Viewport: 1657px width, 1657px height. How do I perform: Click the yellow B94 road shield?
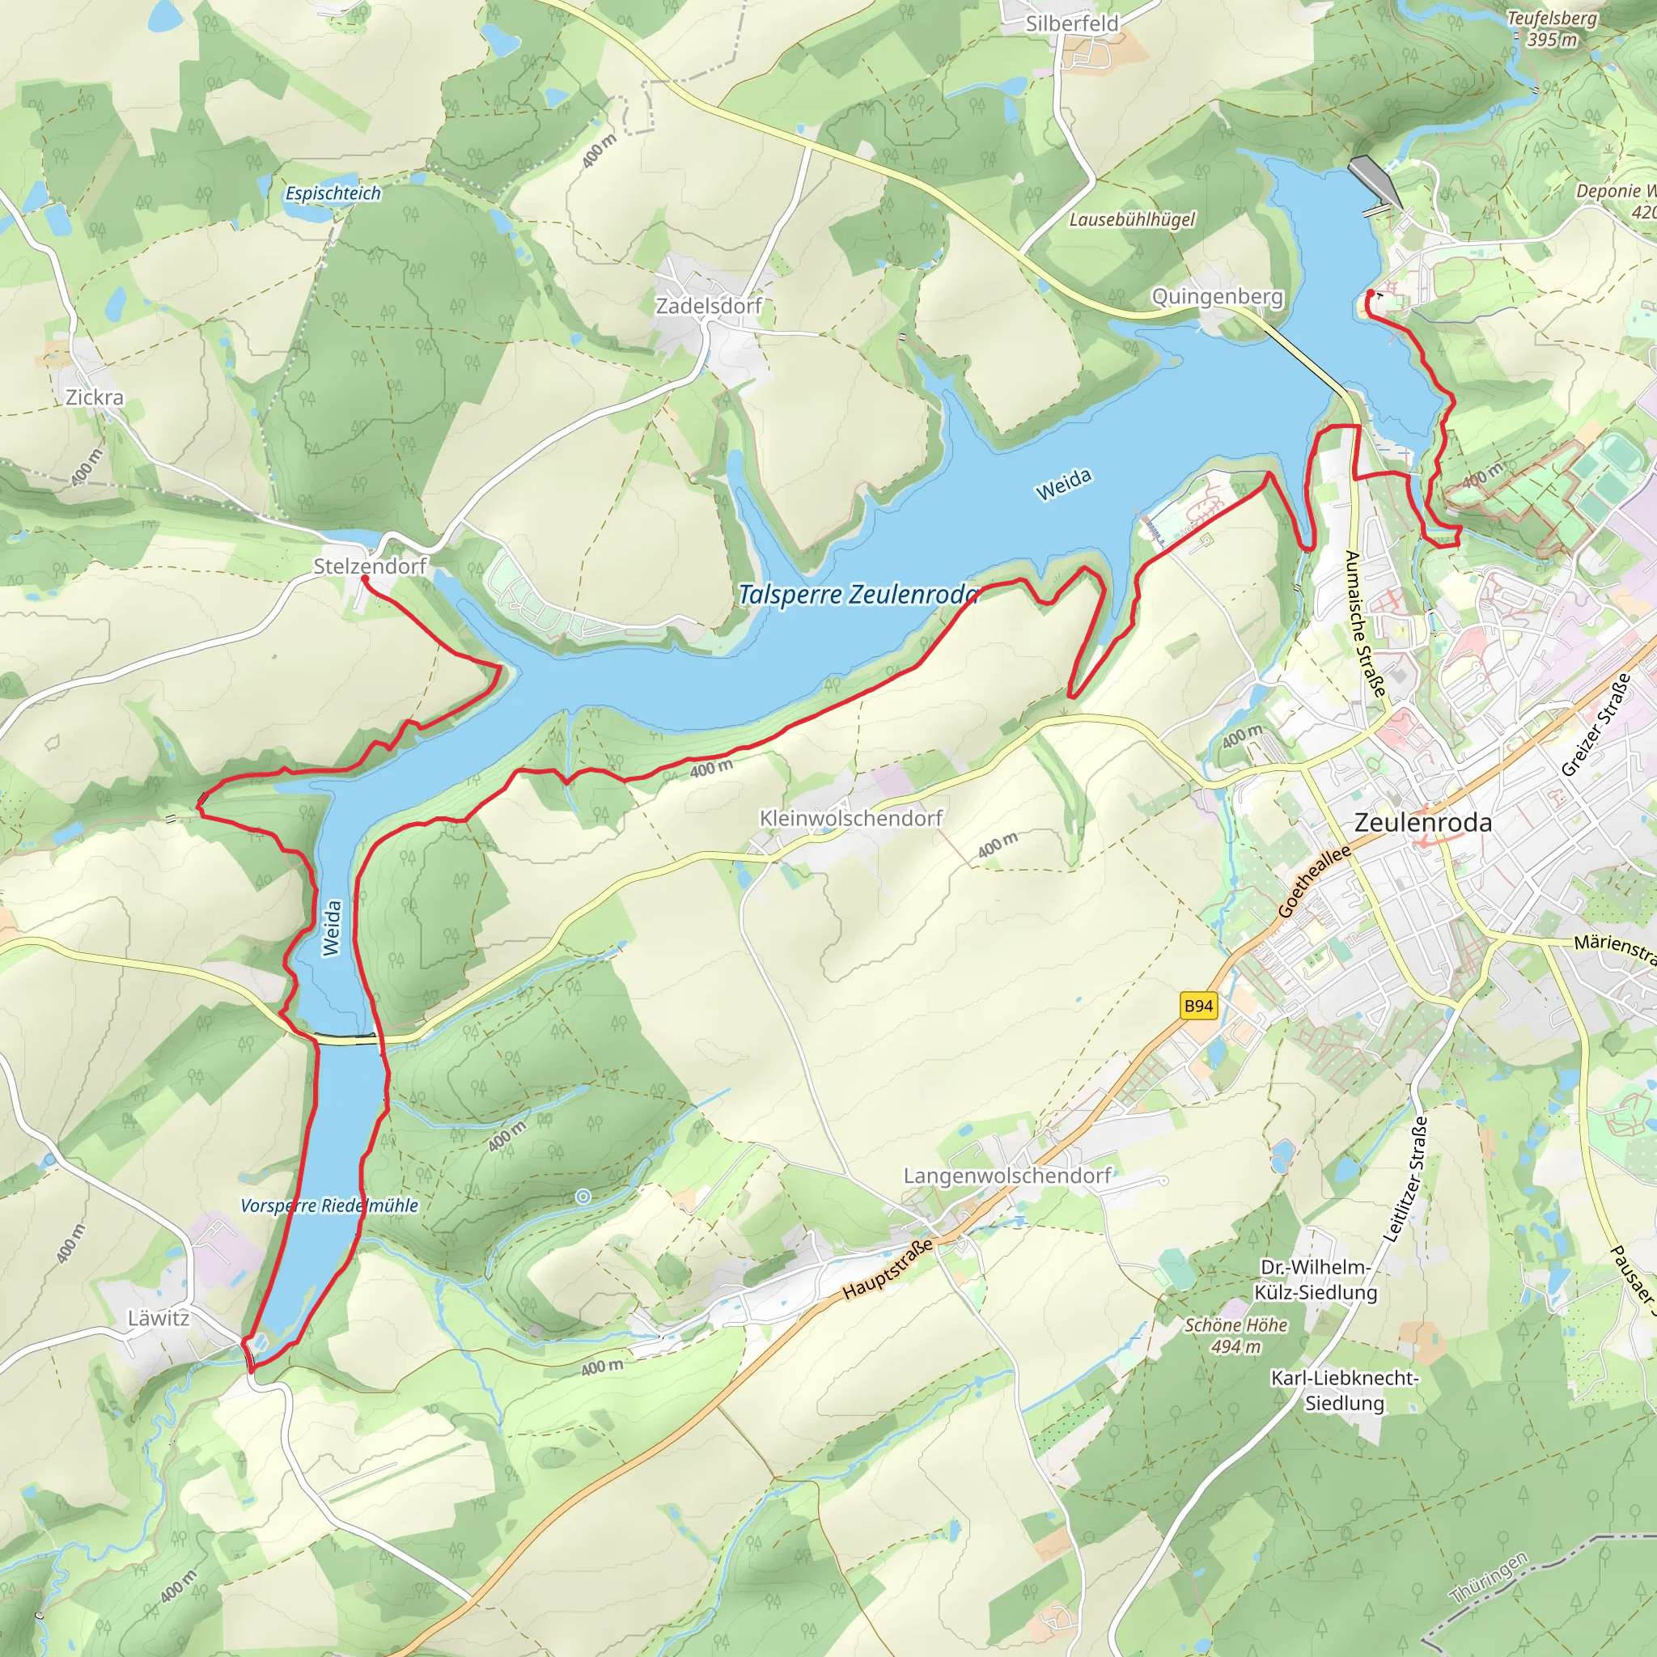click(x=1198, y=1006)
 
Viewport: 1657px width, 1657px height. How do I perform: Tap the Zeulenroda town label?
click(x=1423, y=823)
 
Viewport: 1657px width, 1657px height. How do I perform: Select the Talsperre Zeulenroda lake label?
click(x=858, y=595)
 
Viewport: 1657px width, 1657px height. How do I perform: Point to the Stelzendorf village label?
click(x=370, y=566)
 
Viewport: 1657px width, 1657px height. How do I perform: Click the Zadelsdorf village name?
click(x=709, y=306)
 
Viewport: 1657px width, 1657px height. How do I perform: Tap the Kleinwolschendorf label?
click(x=851, y=818)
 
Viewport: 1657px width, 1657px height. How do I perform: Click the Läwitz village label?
click(x=159, y=1318)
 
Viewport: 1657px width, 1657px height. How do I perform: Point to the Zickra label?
click(x=95, y=398)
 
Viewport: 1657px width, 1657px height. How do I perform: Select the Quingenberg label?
click(x=1217, y=297)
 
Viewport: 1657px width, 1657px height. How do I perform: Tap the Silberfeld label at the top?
click(x=1072, y=24)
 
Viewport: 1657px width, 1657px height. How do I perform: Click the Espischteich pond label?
click(x=333, y=194)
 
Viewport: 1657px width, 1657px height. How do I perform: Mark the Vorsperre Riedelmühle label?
click(x=329, y=1206)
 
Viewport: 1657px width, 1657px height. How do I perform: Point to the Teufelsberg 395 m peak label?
click(x=1553, y=29)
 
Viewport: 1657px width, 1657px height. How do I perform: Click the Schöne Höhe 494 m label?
click(x=1236, y=1335)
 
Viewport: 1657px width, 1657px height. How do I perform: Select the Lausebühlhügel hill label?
click(x=1132, y=220)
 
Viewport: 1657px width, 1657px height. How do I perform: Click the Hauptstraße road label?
click(x=887, y=1270)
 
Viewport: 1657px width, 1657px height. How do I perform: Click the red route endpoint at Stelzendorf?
click(x=365, y=579)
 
